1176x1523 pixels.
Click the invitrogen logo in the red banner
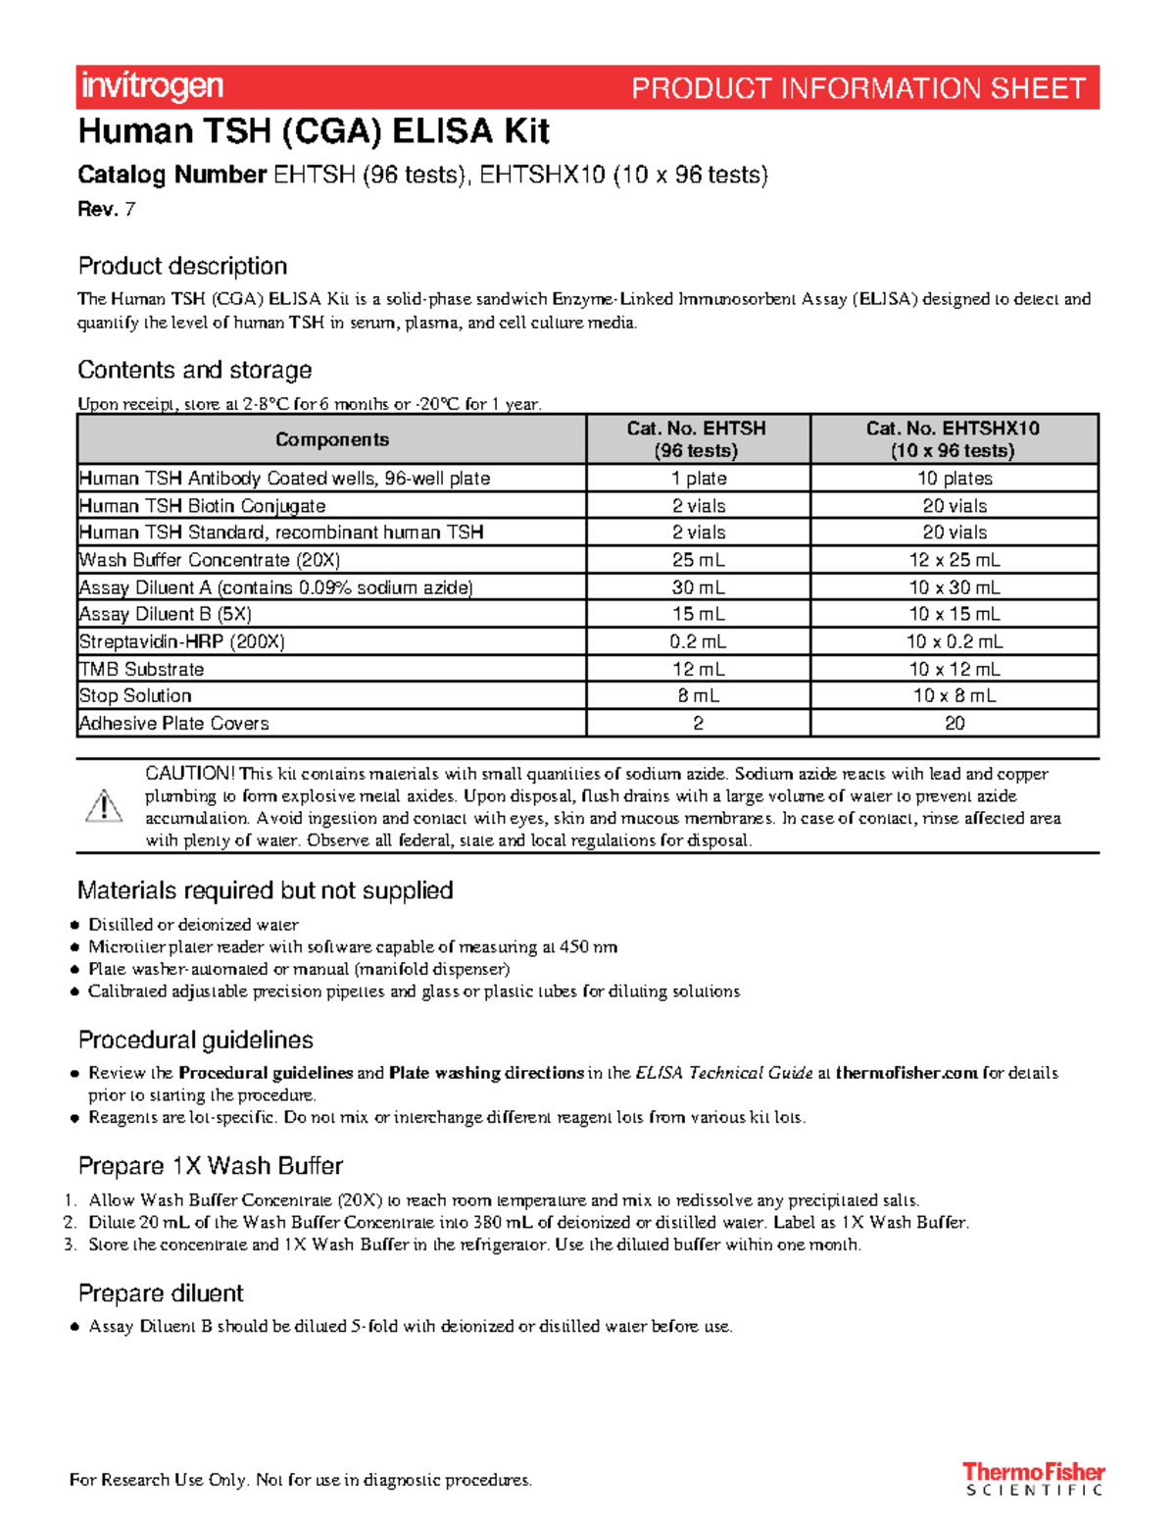[152, 87]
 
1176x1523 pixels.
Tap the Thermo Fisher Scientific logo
[1033, 1479]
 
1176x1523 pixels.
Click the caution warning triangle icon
[103, 806]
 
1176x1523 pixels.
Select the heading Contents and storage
[194, 370]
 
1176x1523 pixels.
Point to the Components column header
[331, 439]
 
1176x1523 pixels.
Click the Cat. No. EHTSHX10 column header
[953, 439]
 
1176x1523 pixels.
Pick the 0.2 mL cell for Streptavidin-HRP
[698, 641]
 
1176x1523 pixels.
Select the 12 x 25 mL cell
[954, 560]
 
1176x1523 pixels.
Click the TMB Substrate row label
[142, 669]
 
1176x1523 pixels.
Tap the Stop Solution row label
[135, 695]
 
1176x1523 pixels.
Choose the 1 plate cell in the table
[698, 479]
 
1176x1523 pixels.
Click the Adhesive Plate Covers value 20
[954, 723]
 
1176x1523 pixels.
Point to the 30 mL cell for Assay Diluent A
[698, 587]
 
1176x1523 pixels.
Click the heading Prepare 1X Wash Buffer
[210, 1166]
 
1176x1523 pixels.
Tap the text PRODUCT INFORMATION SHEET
[857, 88]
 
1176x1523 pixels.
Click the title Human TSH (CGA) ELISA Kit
[314, 131]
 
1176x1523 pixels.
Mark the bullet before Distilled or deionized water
[74, 925]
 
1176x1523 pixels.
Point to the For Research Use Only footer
[300, 1480]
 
